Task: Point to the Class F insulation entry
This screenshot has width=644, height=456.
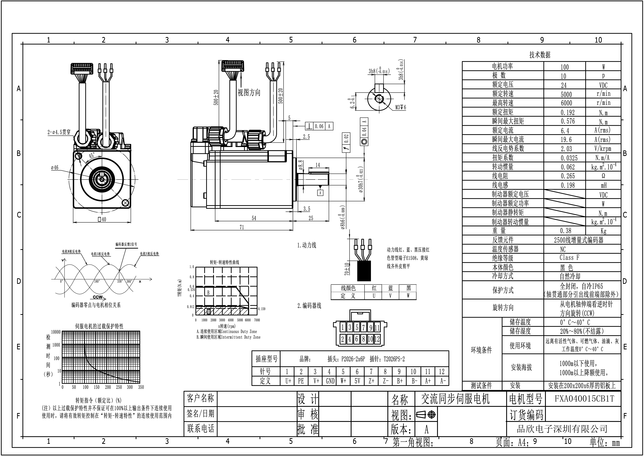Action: coord(569,258)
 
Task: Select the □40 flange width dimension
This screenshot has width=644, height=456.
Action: coord(102,219)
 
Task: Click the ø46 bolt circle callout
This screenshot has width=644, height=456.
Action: coord(55,168)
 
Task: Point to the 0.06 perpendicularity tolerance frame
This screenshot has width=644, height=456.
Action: coord(319,126)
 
